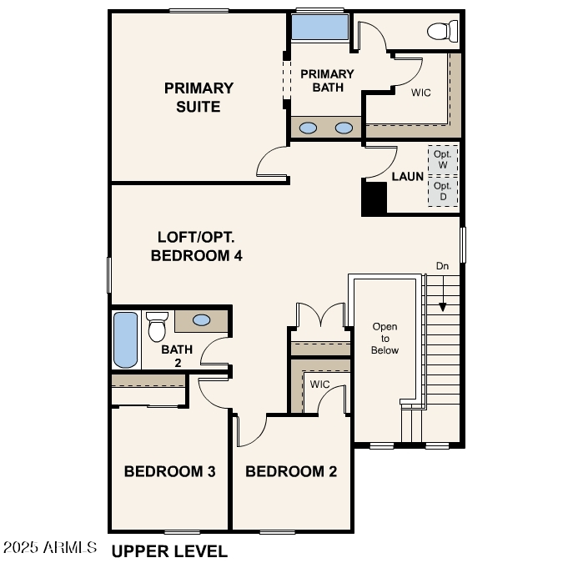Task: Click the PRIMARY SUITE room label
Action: coord(199,98)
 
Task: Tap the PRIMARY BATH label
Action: coord(327,81)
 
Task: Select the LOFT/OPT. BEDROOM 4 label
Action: coord(197,246)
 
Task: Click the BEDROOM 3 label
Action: coord(170,472)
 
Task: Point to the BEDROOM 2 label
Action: coord(291,472)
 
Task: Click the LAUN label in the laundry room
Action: coord(408,177)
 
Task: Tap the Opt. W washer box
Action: coord(442,159)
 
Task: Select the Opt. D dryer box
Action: coord(442,191)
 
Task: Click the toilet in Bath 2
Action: coord(157,327)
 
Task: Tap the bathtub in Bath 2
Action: coord(125,339)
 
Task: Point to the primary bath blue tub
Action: coord(319,28)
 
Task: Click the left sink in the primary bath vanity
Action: coord(309,128)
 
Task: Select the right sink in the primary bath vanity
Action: coord(344,128)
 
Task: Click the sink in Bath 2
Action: coord(202,319)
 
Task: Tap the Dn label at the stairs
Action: coord(442,266)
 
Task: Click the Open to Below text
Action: coord(385,339)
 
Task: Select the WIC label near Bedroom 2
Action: coord(319,385)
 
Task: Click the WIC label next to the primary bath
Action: coord(420,93)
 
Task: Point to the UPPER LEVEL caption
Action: coord(169,551)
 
